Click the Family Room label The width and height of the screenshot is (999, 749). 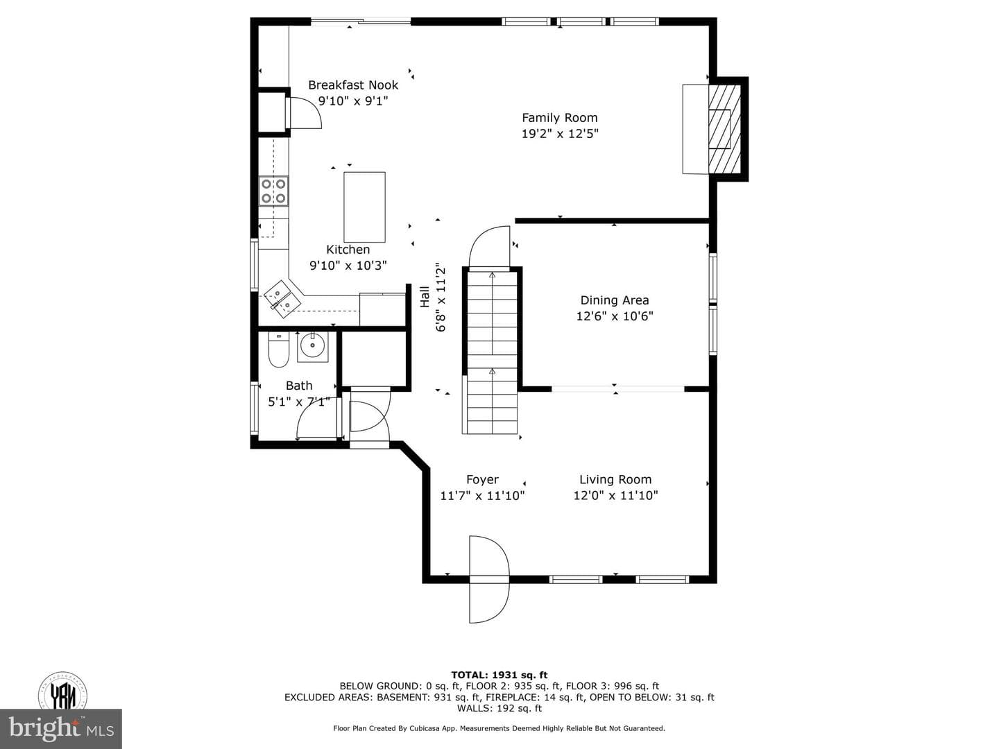point(559,118)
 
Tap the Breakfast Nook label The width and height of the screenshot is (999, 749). point(353,85)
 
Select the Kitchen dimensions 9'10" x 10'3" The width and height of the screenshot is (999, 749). point(348,265)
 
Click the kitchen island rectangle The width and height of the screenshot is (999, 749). point(364,207)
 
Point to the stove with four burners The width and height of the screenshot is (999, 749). point(273,191)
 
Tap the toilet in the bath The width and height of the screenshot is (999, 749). point(278,350)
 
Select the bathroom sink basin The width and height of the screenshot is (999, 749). point(313,347)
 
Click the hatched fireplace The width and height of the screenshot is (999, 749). point(724,129)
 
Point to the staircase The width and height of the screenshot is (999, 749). point(492,352)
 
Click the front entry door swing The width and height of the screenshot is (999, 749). point(489,579)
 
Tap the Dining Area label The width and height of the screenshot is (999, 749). point(615,300)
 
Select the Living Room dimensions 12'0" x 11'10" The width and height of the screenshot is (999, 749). point(615,495)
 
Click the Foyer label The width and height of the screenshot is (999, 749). point(482,479)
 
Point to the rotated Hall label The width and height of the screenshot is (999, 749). point(425,297)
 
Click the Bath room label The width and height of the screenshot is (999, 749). point(299,386)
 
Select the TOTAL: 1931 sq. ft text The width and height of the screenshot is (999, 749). point(499,675)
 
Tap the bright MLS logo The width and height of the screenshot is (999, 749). point(61,728)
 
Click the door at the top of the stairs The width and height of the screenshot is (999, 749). point(489,247)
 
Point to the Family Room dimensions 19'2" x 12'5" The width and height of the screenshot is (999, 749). point(560,134)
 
